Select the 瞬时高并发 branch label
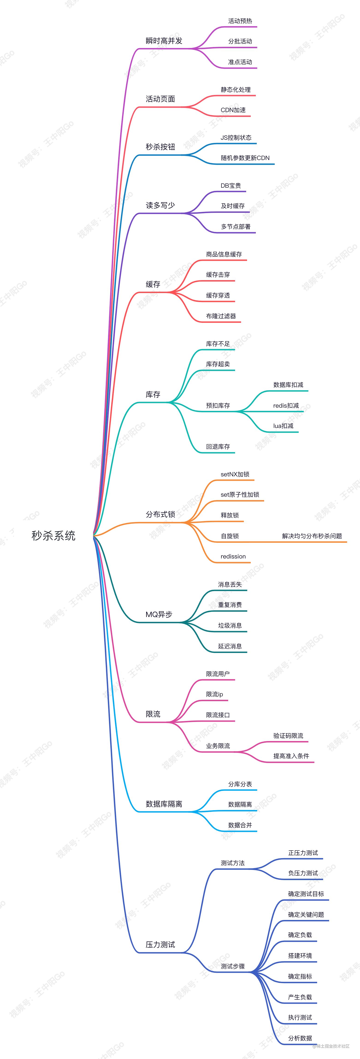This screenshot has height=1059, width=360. pos(164,41)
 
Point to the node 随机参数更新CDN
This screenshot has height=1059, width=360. pos(245,158)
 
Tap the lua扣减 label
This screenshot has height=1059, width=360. pos(283,426)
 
